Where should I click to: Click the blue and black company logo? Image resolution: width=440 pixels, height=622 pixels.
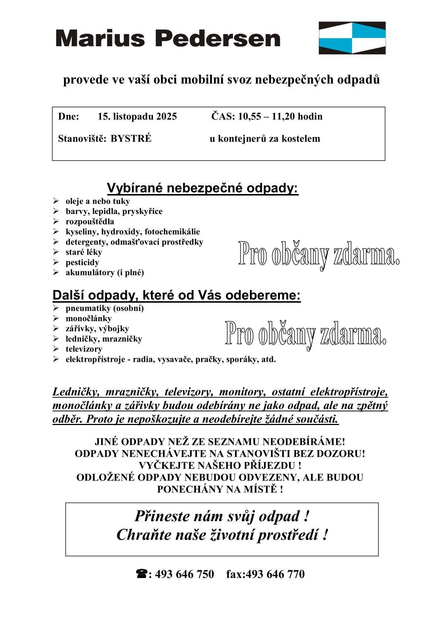click(x=352, y=38)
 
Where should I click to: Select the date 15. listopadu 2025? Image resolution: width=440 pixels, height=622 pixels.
click(x=137, y=117)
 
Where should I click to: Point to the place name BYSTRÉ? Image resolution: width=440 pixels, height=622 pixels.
click(x=131, y=139)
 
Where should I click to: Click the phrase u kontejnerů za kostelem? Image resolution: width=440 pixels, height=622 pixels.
click(x=265, y=139)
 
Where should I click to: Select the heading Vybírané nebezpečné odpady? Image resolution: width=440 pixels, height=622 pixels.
click(x=203, y=188)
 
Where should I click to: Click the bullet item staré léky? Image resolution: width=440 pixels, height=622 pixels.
click(x=84, y=252)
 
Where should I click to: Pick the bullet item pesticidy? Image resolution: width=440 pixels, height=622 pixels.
click(x=82, y=262)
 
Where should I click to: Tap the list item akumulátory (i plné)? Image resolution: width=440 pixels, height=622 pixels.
click(x=105, y=273)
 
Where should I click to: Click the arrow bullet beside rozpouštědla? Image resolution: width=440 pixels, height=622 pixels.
click(x=56, y=222)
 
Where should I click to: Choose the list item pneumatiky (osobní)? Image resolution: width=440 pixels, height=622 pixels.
click(x=105, y=308)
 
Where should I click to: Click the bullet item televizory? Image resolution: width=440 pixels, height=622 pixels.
click(x=84, y=349)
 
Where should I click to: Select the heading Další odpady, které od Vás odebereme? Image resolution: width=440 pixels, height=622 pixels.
click(x=176, y=296)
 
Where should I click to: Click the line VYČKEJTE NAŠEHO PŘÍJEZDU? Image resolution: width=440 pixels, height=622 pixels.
click(x=220, y=465)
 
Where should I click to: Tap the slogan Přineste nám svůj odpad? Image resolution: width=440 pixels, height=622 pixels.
click(x=221, y=516)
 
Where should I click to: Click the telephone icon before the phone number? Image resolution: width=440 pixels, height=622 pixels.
click(x=142, y=574)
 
